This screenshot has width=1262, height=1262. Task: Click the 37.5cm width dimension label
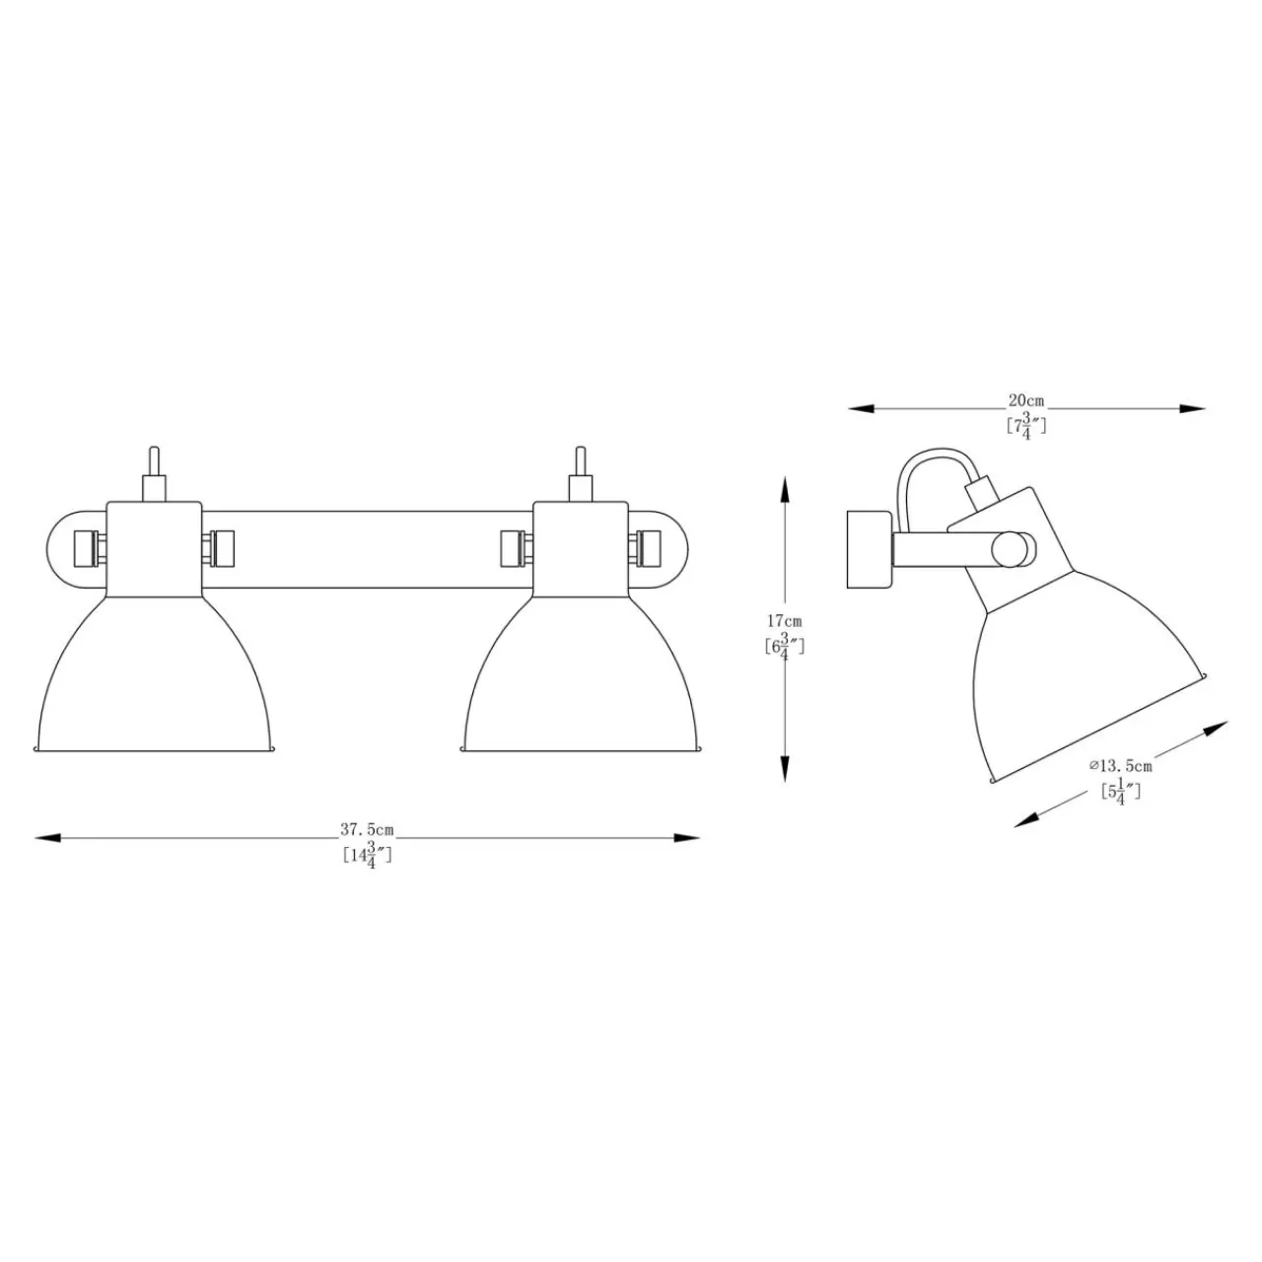coord(367,830)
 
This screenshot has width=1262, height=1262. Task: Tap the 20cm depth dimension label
coord(1025,400)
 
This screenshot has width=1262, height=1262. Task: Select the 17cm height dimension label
coord(784,620)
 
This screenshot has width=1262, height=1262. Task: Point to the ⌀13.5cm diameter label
coord(1121,766)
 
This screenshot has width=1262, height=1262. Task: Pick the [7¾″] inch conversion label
coord(1026,427)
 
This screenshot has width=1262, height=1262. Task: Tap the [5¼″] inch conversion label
coord(1121,793)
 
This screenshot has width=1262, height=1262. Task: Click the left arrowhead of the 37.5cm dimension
coord(47,838)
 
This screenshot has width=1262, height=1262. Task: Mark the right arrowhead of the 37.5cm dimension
coord(686,838)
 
